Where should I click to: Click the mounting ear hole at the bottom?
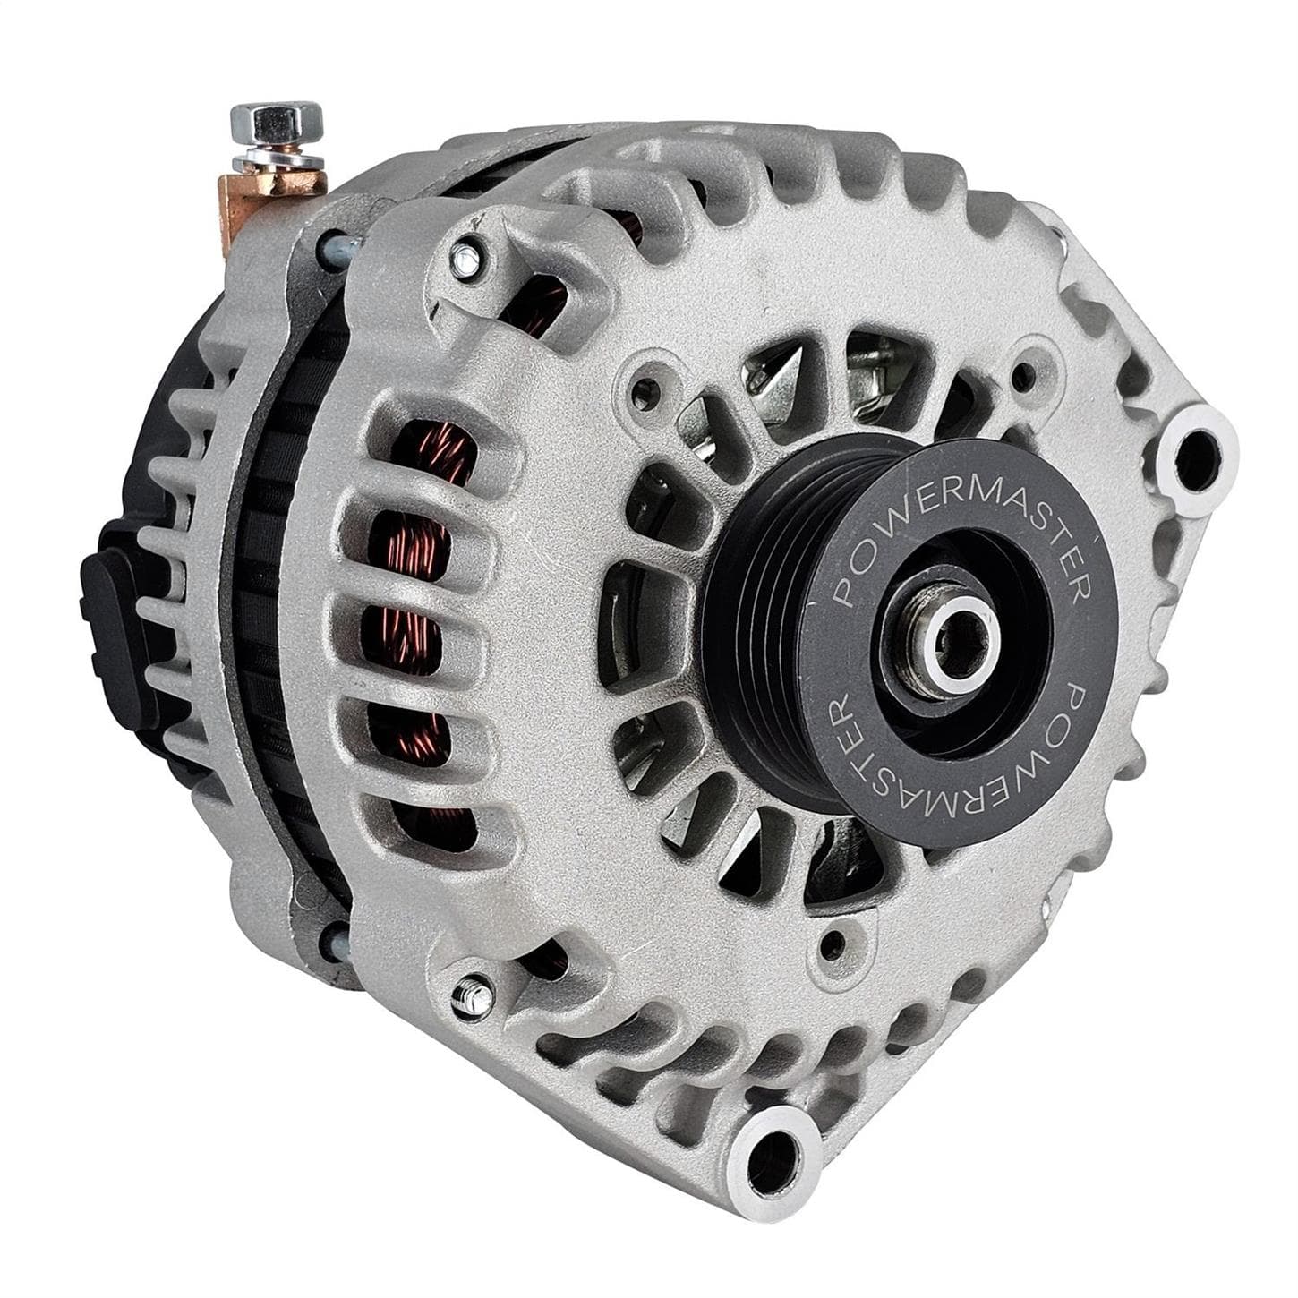coord(772,1150)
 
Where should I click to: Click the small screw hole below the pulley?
coord(835,942)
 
